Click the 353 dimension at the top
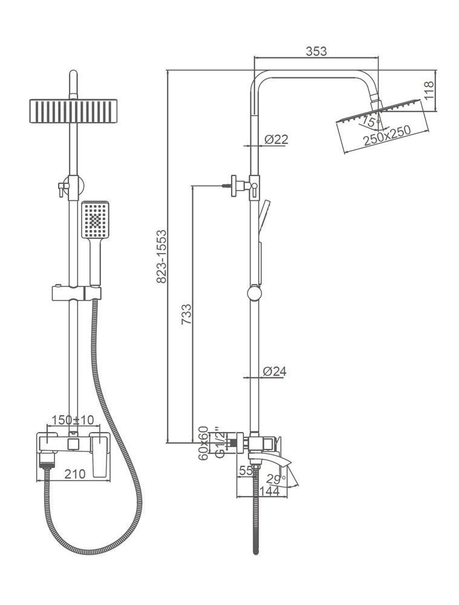tap(316, 51)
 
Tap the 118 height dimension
tap(429, 90)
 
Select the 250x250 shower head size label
tap(387, 135)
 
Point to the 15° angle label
tap(369, 122)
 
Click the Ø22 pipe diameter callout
tap(276, 139)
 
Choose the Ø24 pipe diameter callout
tap(275, 371)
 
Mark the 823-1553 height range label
tap(161, 256)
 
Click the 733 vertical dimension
tap(186, 314)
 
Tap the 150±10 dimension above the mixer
tap(73, 420)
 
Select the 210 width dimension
tap(74, 474)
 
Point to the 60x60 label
tap(203, 443)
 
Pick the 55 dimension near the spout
tap(246, 470)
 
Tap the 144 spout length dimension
tap(269, 491)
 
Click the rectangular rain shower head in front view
tap(73, 111)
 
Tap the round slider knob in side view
tap(254, 293)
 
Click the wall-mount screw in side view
tap(227, 186)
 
